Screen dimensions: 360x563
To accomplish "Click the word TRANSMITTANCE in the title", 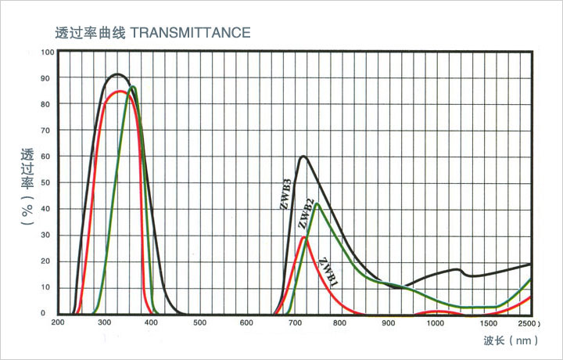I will pyautogui.click(x=188, y=33).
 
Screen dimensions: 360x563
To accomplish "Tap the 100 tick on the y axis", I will pyautogui.click(x=48, y=52).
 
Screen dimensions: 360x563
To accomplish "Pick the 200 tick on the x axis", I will pyautogui.click(x=58, y=322).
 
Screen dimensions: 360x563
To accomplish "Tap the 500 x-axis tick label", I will pyautogui.click(x=199, y=322).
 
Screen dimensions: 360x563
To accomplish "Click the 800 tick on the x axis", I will pyautogui.click(x=342, y=322).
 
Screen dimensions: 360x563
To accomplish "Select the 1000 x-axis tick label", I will pyautogui.click(x=436, y=322).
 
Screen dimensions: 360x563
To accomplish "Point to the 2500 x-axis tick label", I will pyautogui.click(x=529, y=322).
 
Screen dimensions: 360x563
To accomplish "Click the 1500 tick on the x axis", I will pyautogui.click(x=490, y=322).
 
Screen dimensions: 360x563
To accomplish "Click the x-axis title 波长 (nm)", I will pyautogui.click(x=510, y=340).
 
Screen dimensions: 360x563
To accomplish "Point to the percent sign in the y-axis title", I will pyautogui.click(x=27, y=211).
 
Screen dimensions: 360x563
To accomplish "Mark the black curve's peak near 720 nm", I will pyautogui.click(x=303, y=157).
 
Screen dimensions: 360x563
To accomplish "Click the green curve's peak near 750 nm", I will pyautogui.click(x=317, y=204).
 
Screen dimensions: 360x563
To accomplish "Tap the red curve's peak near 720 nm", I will pyautogui.click(x=303, y=236).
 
